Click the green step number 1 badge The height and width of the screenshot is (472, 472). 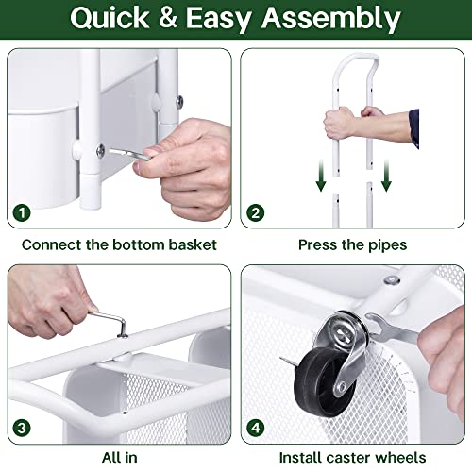coord(20,212)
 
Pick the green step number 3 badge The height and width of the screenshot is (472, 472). coord(20,427)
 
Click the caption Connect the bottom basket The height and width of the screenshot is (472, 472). coord(119,244)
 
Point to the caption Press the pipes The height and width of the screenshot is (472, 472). coord(352,244)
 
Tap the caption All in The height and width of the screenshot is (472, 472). coord(119,458)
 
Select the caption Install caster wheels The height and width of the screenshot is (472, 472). coord(352,458)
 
